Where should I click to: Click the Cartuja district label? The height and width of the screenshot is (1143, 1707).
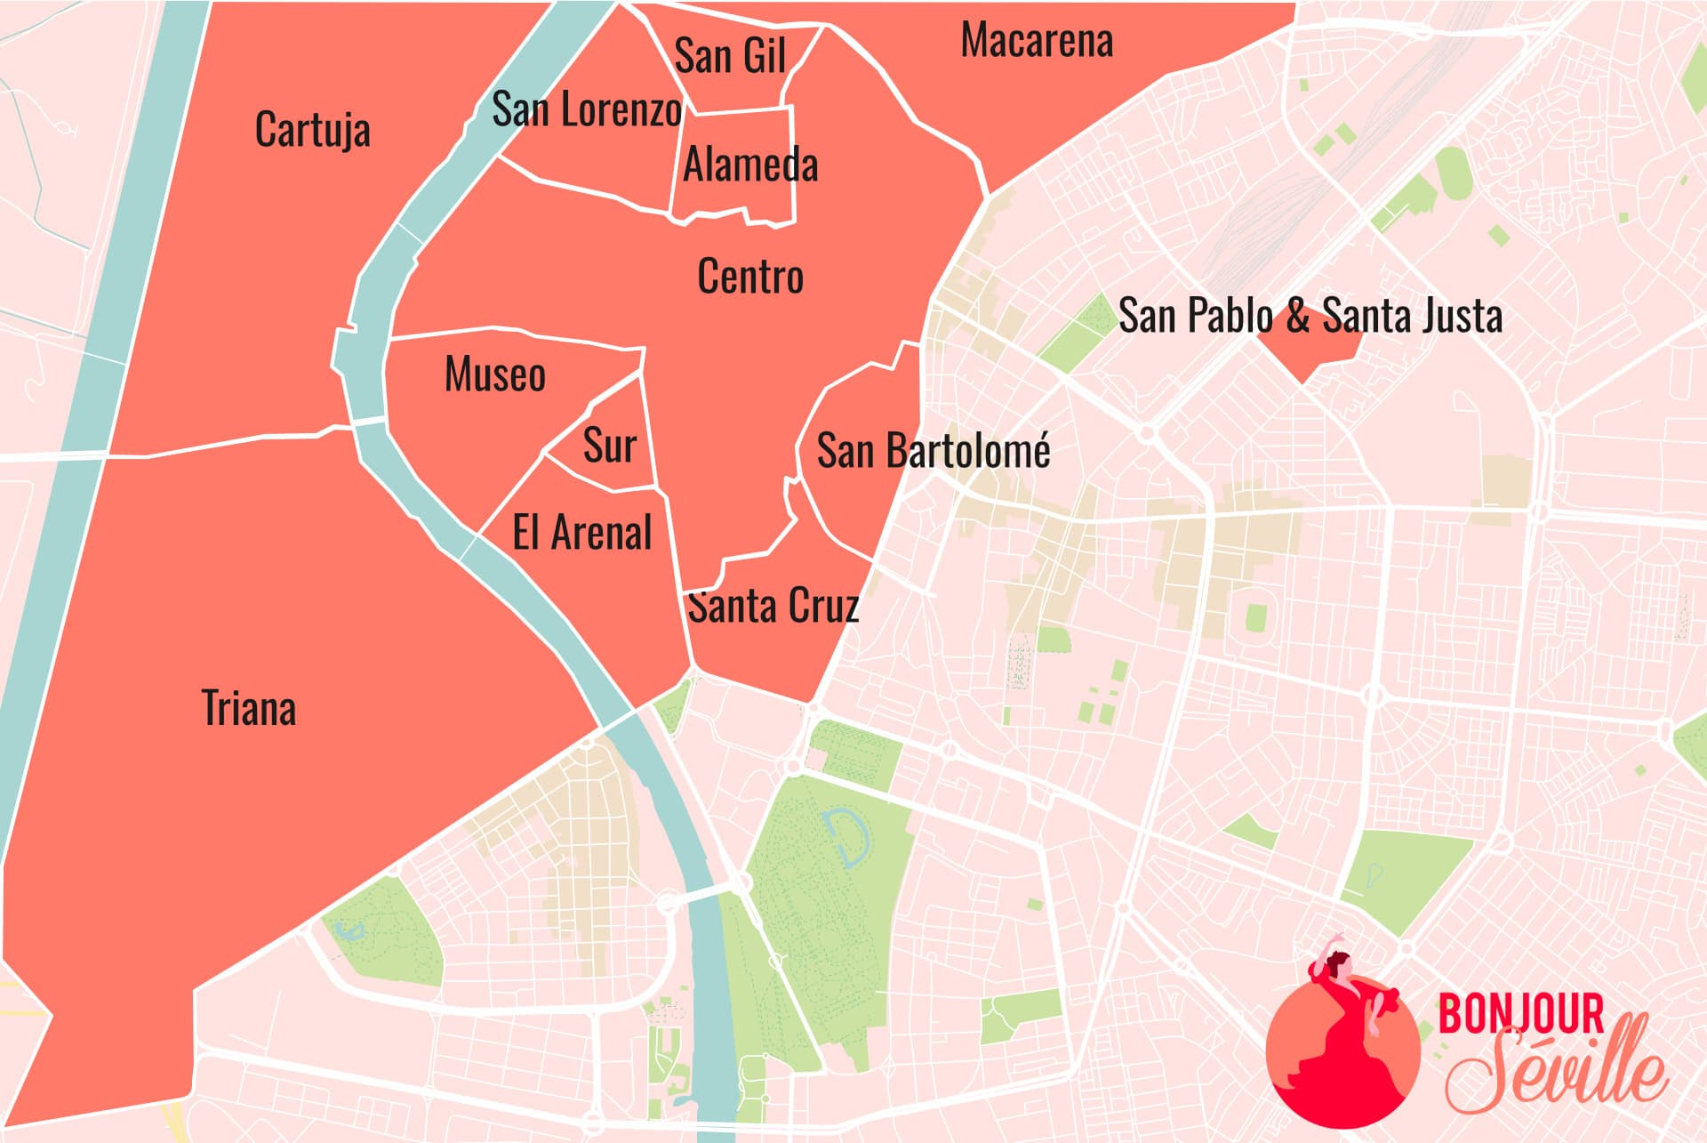click(312, 130)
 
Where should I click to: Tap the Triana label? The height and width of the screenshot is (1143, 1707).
click(248, 708)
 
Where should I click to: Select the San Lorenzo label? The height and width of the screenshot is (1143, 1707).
click(587, 109)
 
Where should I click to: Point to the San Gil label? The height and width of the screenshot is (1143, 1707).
click(730, 56)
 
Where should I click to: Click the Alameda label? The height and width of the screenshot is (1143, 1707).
click(750, 165)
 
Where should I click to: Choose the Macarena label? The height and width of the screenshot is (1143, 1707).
click(1037, 41)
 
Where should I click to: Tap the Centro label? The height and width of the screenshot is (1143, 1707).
click(750, 276)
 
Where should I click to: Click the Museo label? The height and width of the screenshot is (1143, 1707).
click(494, 374)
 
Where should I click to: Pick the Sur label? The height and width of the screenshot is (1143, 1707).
click(610, 445)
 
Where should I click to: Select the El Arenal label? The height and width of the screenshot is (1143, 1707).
click(582, 532)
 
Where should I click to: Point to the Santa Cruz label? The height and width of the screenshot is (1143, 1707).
click(773, 607)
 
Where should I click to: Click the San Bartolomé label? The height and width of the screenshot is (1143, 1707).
click(934, 450)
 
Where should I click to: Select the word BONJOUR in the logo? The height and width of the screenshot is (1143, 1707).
click(1520, 1013)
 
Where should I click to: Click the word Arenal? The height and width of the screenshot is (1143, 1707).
click(602, 532)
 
